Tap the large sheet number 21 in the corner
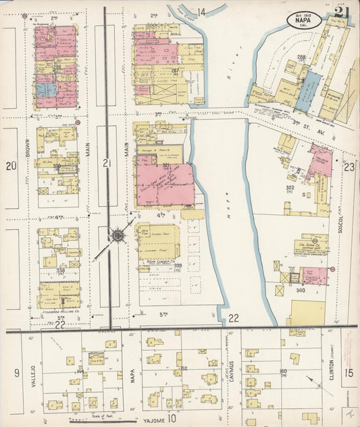(x=340, y=11)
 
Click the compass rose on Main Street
(x=118, y=235)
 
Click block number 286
(x=57, y=67)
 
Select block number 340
(x=301, y=291)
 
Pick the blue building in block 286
(x=45, y=89)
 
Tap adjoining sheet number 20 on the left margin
(x=10, y=166)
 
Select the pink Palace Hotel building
(x=319, y=161)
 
